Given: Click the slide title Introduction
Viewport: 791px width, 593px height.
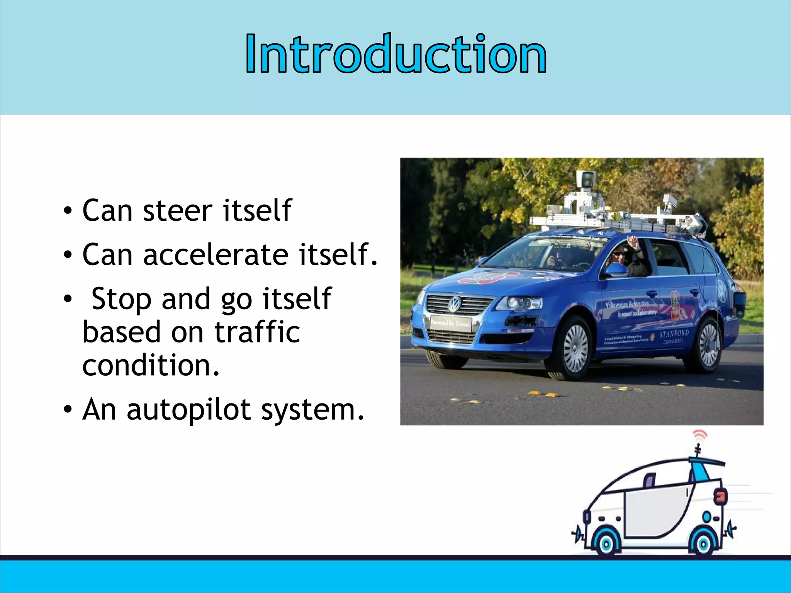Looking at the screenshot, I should [x=396, y=54].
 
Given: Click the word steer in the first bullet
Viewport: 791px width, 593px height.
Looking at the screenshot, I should [x=177, y=211].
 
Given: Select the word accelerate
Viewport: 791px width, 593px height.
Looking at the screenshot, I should [x=216, y=255].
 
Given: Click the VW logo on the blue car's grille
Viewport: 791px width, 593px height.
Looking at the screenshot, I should [x=455, y=304].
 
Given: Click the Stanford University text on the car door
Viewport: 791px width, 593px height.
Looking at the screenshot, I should [x=674, y=336].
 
